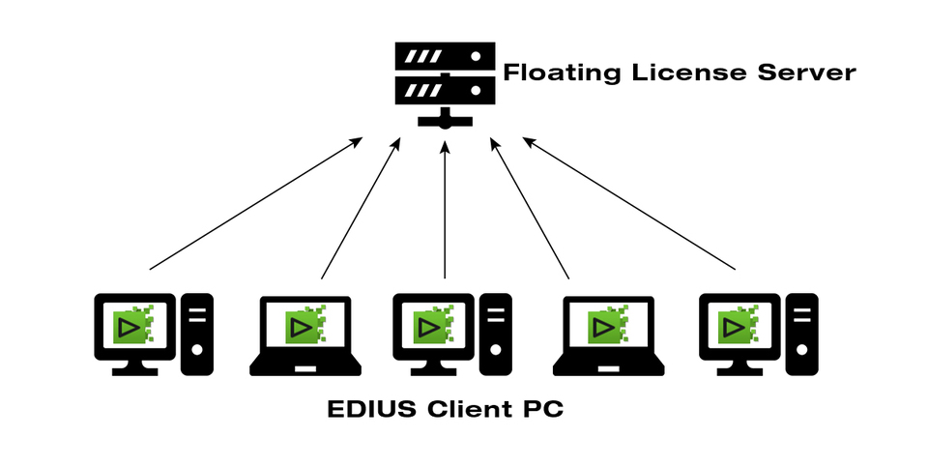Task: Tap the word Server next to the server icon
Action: tap(808, 73)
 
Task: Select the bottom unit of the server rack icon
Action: tap(445, 91)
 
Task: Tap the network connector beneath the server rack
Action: tap(445, 120)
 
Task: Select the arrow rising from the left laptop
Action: tap(361, 208)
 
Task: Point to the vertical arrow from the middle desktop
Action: tap(445, 208)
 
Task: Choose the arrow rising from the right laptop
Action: tap(529, 208)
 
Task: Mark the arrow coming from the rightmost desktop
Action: tap(629, 204)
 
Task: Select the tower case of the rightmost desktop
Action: tap(801, 334)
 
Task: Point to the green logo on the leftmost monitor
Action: tap(133, 325)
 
